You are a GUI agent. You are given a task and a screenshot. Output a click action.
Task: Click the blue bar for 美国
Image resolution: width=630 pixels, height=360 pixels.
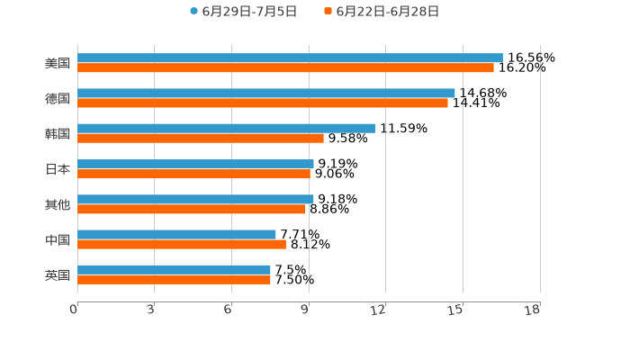(290, 58)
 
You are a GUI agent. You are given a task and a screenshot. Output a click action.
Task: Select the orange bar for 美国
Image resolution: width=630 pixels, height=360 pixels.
(285, 67)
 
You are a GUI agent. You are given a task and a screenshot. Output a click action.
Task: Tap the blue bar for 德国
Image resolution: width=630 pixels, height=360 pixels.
(266, 93)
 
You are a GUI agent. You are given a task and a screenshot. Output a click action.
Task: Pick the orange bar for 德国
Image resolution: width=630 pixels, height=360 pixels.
(263, 103)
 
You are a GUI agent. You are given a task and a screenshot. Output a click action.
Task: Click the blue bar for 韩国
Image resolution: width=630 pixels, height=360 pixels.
(226, 128)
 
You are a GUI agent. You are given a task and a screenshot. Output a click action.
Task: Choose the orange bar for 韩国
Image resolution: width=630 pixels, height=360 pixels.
(201, 138)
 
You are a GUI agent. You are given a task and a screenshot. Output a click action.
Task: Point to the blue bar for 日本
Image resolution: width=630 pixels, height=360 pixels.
(195, 164)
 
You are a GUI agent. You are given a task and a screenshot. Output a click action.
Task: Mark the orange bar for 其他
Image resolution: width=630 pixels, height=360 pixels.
(192, 209)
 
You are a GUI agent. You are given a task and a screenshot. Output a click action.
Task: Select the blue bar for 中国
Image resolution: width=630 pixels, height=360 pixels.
(176, 234)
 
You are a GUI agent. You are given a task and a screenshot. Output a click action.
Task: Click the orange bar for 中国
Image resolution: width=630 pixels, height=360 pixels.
(182, 244)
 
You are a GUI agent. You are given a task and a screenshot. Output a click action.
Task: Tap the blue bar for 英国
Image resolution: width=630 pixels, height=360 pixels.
(174, 269)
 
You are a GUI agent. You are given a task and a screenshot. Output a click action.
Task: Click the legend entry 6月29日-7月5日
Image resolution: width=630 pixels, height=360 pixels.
(243, 12)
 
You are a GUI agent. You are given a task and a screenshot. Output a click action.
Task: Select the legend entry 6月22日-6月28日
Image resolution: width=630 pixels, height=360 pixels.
(382, 12)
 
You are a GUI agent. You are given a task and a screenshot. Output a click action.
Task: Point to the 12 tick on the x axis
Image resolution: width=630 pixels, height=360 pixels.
(379, 310)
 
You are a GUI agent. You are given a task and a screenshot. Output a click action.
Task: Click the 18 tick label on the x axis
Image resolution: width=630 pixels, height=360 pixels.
(533, 310)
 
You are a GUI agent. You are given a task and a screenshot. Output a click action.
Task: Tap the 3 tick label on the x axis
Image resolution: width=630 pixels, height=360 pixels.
(151, 310)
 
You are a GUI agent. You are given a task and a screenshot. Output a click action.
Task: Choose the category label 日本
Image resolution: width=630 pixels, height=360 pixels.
(58, 169)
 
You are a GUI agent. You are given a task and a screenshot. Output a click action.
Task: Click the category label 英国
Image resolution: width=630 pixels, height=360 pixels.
(58, 274)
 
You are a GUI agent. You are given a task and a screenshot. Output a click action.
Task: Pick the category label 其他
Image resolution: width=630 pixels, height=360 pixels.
(58, 204)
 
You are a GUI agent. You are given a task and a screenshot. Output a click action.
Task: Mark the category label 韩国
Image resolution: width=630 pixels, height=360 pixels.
(58, 133)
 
